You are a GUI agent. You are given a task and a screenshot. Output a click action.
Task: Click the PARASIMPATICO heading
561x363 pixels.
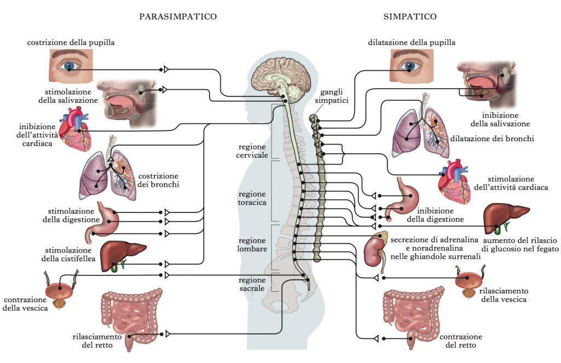click(178, 16)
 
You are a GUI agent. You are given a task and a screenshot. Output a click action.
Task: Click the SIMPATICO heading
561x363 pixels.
click(410, 16)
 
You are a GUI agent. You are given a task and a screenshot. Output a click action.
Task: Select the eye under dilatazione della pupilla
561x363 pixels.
click(410, 66)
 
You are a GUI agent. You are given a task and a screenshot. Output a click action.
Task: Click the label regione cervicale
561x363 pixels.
click(253, 151)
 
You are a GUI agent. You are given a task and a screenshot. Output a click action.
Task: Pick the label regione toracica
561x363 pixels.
click(252, 198)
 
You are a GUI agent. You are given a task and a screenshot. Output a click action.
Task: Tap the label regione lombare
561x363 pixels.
click(253, 244)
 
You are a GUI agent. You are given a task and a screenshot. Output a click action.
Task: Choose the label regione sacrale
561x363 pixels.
click(252, 284)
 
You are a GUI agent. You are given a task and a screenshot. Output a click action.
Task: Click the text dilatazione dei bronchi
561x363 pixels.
click(491, 139)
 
